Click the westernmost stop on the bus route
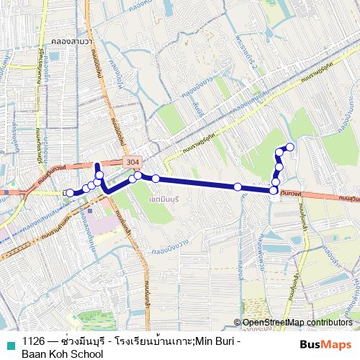69,193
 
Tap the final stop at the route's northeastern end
290,148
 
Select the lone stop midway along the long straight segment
238,187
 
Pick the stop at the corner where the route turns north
274,190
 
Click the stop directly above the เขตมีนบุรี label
155,179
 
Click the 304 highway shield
132,163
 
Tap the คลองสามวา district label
71,42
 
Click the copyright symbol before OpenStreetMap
238,323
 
